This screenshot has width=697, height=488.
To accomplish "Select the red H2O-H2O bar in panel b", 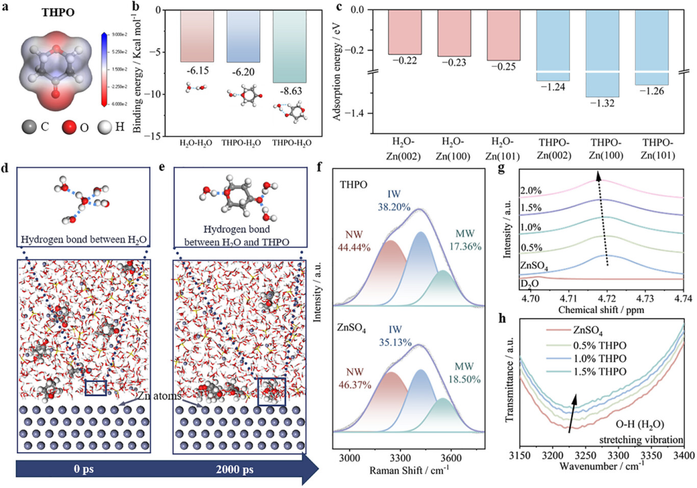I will (197, 37).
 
